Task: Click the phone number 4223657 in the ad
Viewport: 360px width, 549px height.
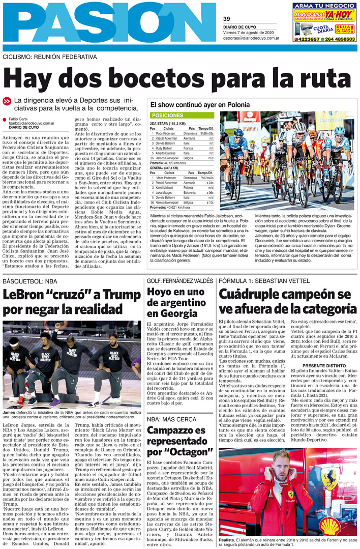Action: (x=309, y=39)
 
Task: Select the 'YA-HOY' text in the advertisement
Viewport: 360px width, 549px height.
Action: (x=340, y=13)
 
